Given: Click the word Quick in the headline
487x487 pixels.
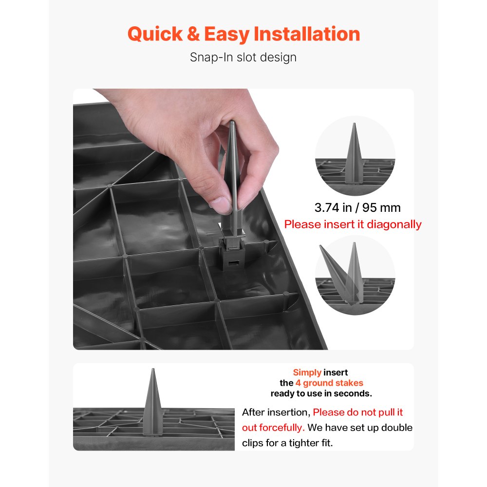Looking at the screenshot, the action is [x=155, y=34].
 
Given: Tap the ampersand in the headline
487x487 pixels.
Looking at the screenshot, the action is [x=193, y=34].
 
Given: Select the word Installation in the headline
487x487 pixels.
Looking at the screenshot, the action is [x=307, y=34].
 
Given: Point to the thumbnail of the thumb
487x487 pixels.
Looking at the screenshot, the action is [x=222, y=206].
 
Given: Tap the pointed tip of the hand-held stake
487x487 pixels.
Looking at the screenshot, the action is [x=232, y=123].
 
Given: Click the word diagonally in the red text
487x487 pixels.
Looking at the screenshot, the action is [x=394, y=225].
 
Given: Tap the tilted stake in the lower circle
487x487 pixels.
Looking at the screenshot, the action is [x=335, y=270].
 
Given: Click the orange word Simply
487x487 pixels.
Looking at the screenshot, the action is [x=307, y=373].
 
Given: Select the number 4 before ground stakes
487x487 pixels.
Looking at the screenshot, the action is [x=298, y=383].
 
